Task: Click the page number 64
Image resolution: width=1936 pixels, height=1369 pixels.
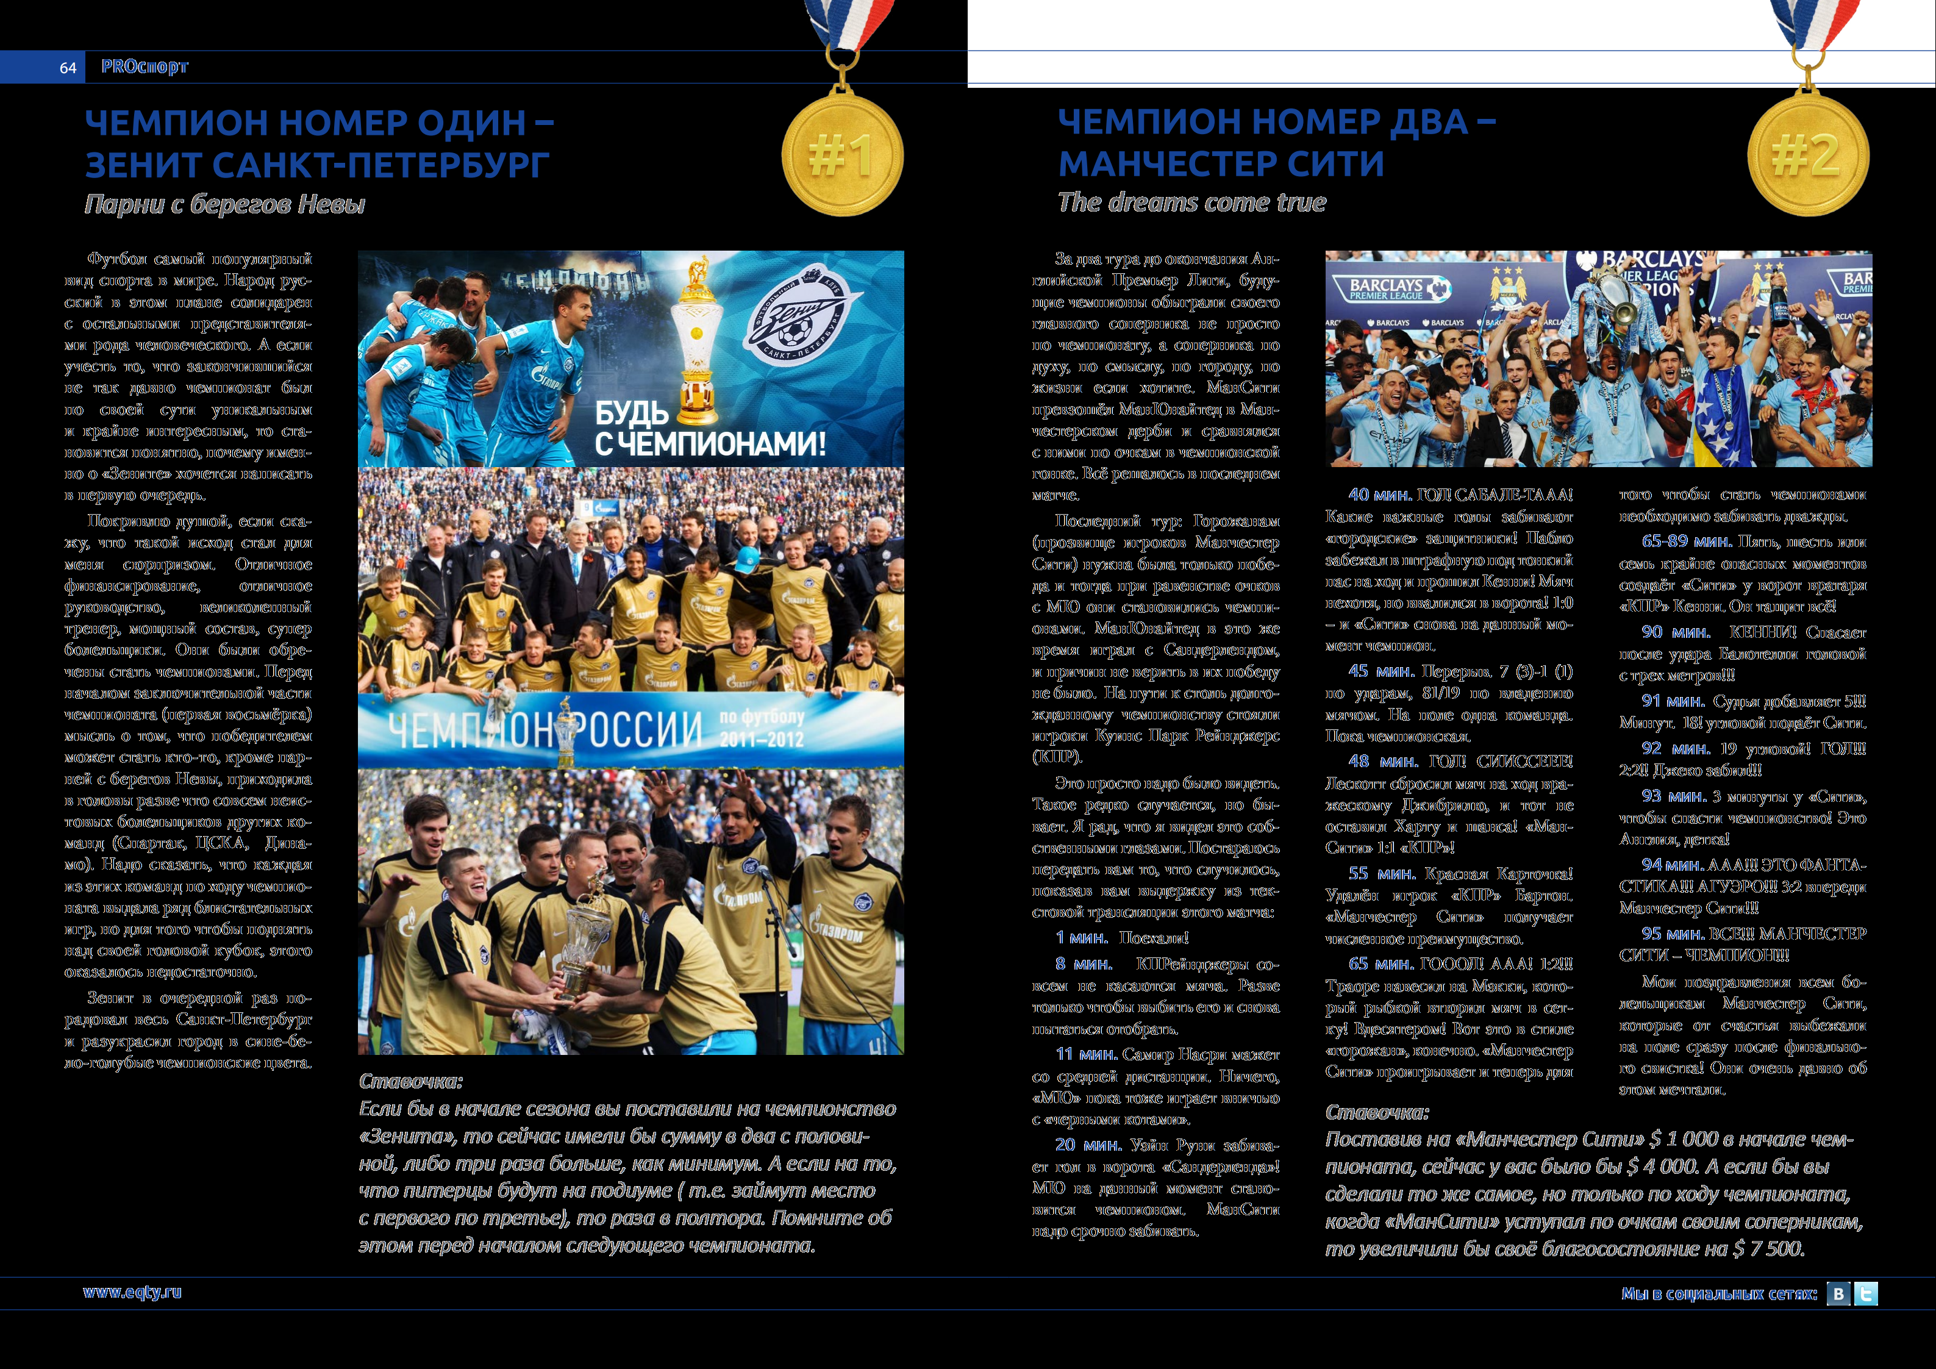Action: click(68, 68)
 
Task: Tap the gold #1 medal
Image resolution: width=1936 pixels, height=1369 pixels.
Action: click(841, 155)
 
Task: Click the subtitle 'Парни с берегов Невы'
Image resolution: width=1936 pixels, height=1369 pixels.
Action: click(224, 204)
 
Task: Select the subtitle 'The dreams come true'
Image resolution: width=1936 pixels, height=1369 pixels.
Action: click(1191, 202)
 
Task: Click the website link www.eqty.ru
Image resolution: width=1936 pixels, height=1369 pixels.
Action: click(132, 1292)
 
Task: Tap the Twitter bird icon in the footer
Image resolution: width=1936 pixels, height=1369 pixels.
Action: click(1866, 1294)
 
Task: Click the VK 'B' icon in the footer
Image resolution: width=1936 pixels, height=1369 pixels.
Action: click(1838, 1294)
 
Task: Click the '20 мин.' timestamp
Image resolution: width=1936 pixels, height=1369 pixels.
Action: click(1088, 1145)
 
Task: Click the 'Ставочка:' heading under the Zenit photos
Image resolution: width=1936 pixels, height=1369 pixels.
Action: click(410, 1081)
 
